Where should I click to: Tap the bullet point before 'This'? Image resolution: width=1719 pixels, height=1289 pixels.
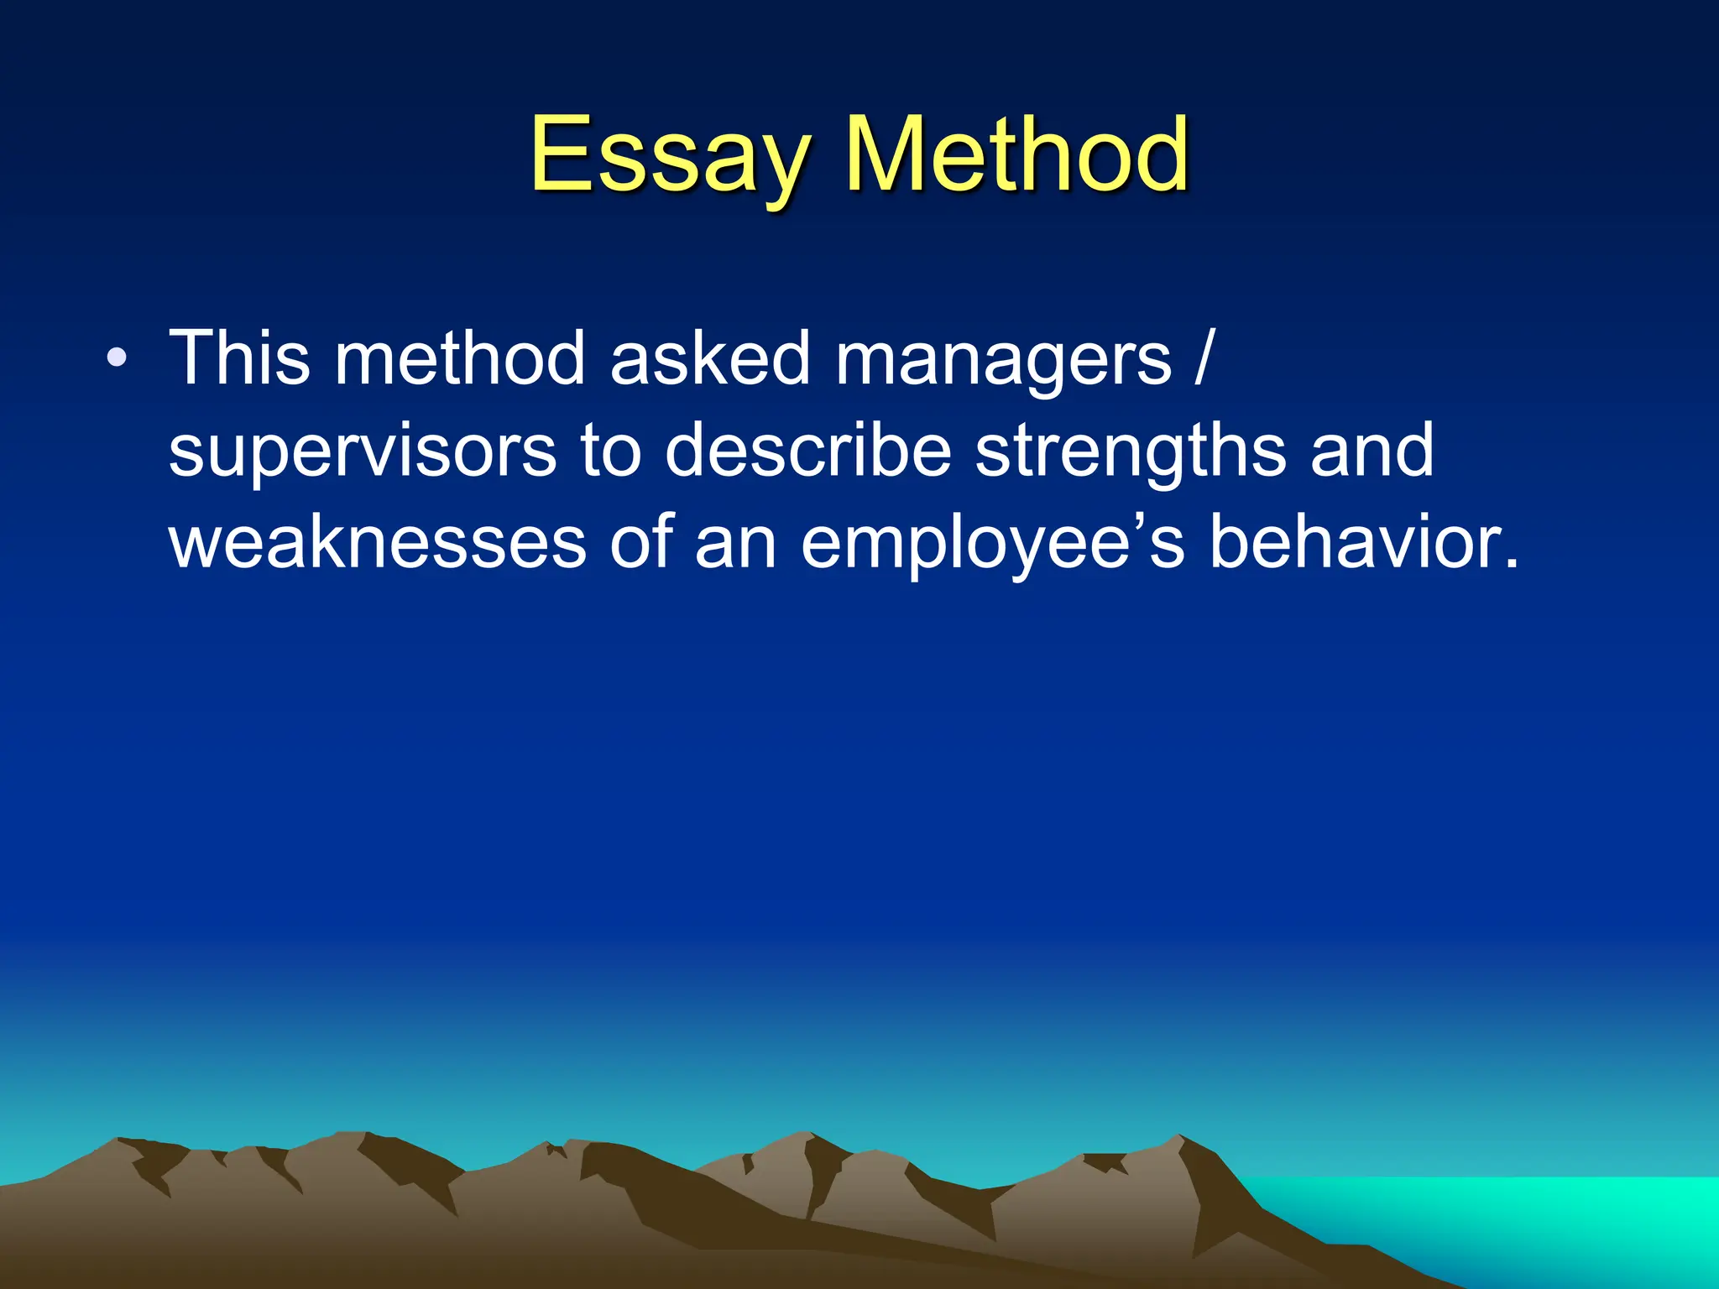click(118, 359)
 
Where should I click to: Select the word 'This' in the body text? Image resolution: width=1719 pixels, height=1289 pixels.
click(239, 359)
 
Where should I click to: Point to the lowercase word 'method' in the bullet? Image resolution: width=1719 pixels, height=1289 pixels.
click(460, 359)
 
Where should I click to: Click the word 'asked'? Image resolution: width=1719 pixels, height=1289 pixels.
click(710, 359)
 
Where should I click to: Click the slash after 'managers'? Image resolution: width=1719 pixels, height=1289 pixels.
click(1204, 359)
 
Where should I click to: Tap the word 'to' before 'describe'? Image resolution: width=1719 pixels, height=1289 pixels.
click(610, 451)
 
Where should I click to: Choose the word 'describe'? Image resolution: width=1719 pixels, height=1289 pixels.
click(808, 451)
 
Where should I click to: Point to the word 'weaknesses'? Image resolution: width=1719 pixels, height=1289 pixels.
click(378, 544)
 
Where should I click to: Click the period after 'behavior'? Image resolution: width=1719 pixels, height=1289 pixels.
click(1510, 564)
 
